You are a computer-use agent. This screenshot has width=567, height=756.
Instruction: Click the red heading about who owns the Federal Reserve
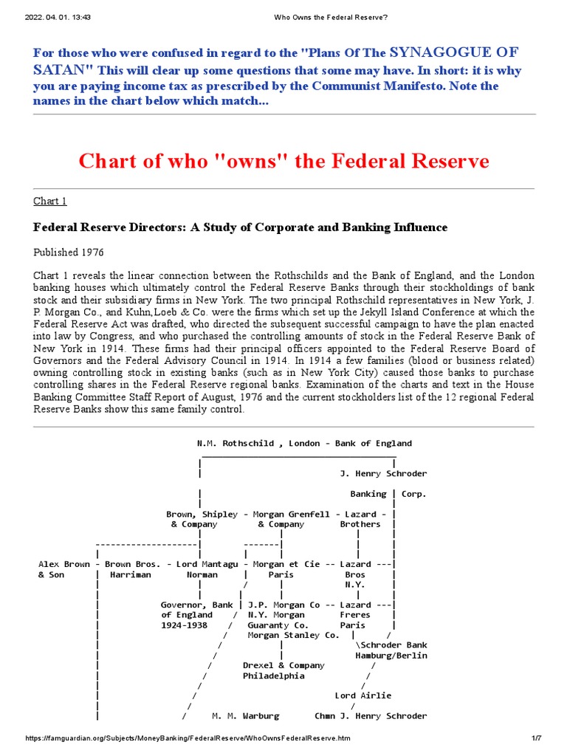point(283,160)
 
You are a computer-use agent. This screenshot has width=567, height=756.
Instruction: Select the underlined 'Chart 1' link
point(50,202)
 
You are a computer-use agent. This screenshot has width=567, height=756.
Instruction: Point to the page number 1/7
point(537,738)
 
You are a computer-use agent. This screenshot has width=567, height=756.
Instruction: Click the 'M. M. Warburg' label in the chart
point(245,716)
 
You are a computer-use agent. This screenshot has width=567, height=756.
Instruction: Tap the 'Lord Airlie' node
point(363,695)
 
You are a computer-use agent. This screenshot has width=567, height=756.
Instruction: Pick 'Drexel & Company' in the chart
point(283,665)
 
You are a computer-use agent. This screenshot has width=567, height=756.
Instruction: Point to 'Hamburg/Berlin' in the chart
point(391,656)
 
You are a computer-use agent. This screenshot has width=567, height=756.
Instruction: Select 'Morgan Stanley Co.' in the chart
point(293,635)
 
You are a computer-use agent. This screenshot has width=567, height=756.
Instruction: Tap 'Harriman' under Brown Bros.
point(130,574)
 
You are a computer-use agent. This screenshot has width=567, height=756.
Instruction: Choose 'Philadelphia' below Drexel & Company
point(273,676)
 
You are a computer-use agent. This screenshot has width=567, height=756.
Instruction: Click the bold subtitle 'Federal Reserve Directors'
point(240,227)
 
